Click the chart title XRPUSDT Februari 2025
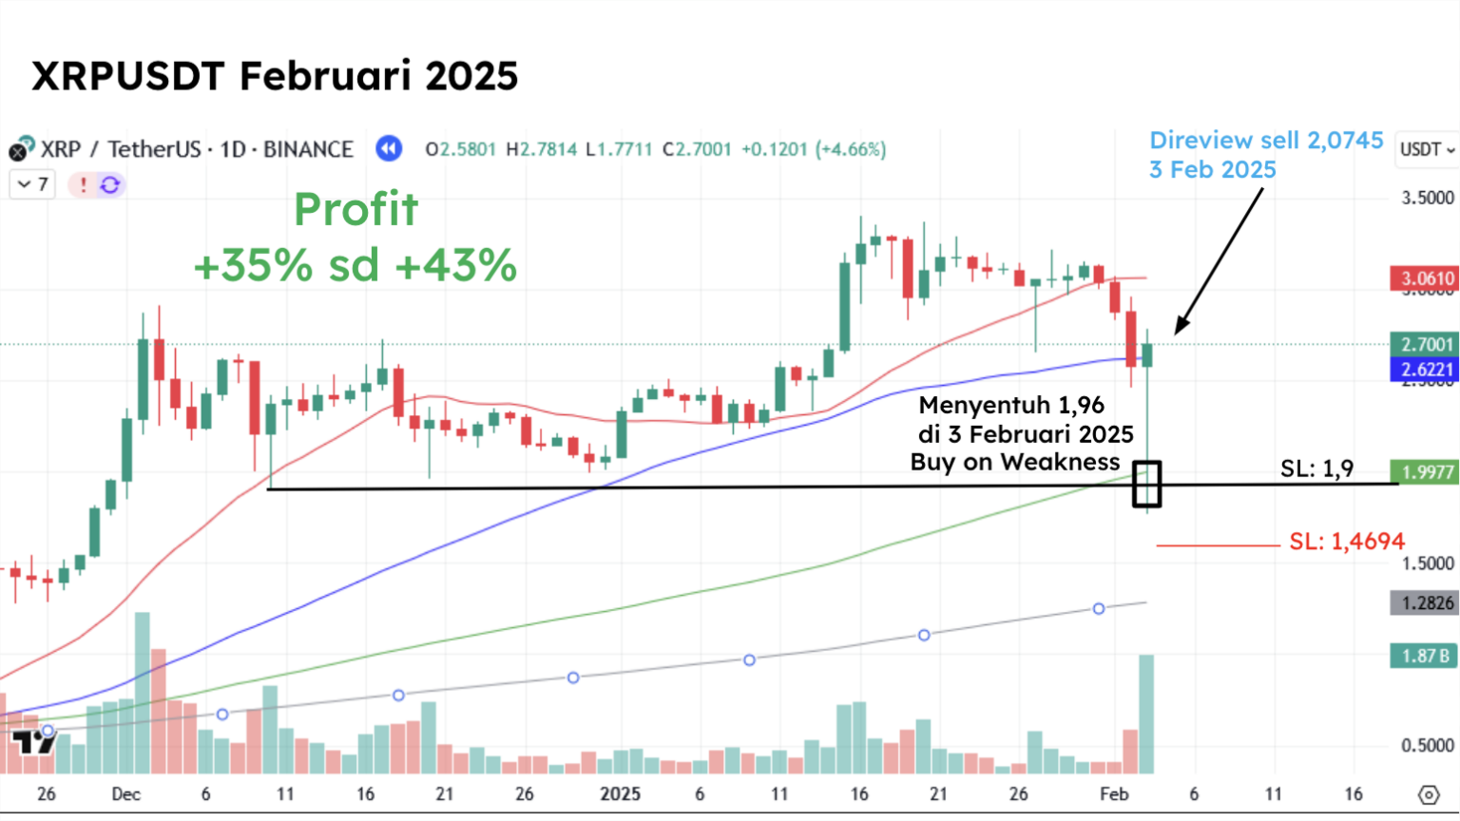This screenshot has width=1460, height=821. click(x=275, y=76)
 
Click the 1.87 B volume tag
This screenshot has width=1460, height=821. click(x=1424, y=656)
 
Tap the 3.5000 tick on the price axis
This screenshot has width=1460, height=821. click(x=1428, y=198)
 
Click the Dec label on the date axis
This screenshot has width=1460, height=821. click(x=125, y=793)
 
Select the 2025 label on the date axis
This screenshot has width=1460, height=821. click(x=620, y=793)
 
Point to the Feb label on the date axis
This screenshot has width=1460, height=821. click(x=1113, y=793)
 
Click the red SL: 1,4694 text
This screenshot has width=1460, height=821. click(x=1346, y=542)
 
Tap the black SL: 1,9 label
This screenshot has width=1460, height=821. click(x=1316, y=468)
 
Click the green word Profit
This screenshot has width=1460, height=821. click(x=355, y=209)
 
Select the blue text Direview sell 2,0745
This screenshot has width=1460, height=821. click(x=1266, y=141)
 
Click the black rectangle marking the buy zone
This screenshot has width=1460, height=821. click(x=1147, y=484)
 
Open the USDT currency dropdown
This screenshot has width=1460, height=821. click(x=1427, y=150)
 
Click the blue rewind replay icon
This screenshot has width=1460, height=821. click(x=389, y=149)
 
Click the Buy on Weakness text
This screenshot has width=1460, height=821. click(x=1015, y=462)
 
